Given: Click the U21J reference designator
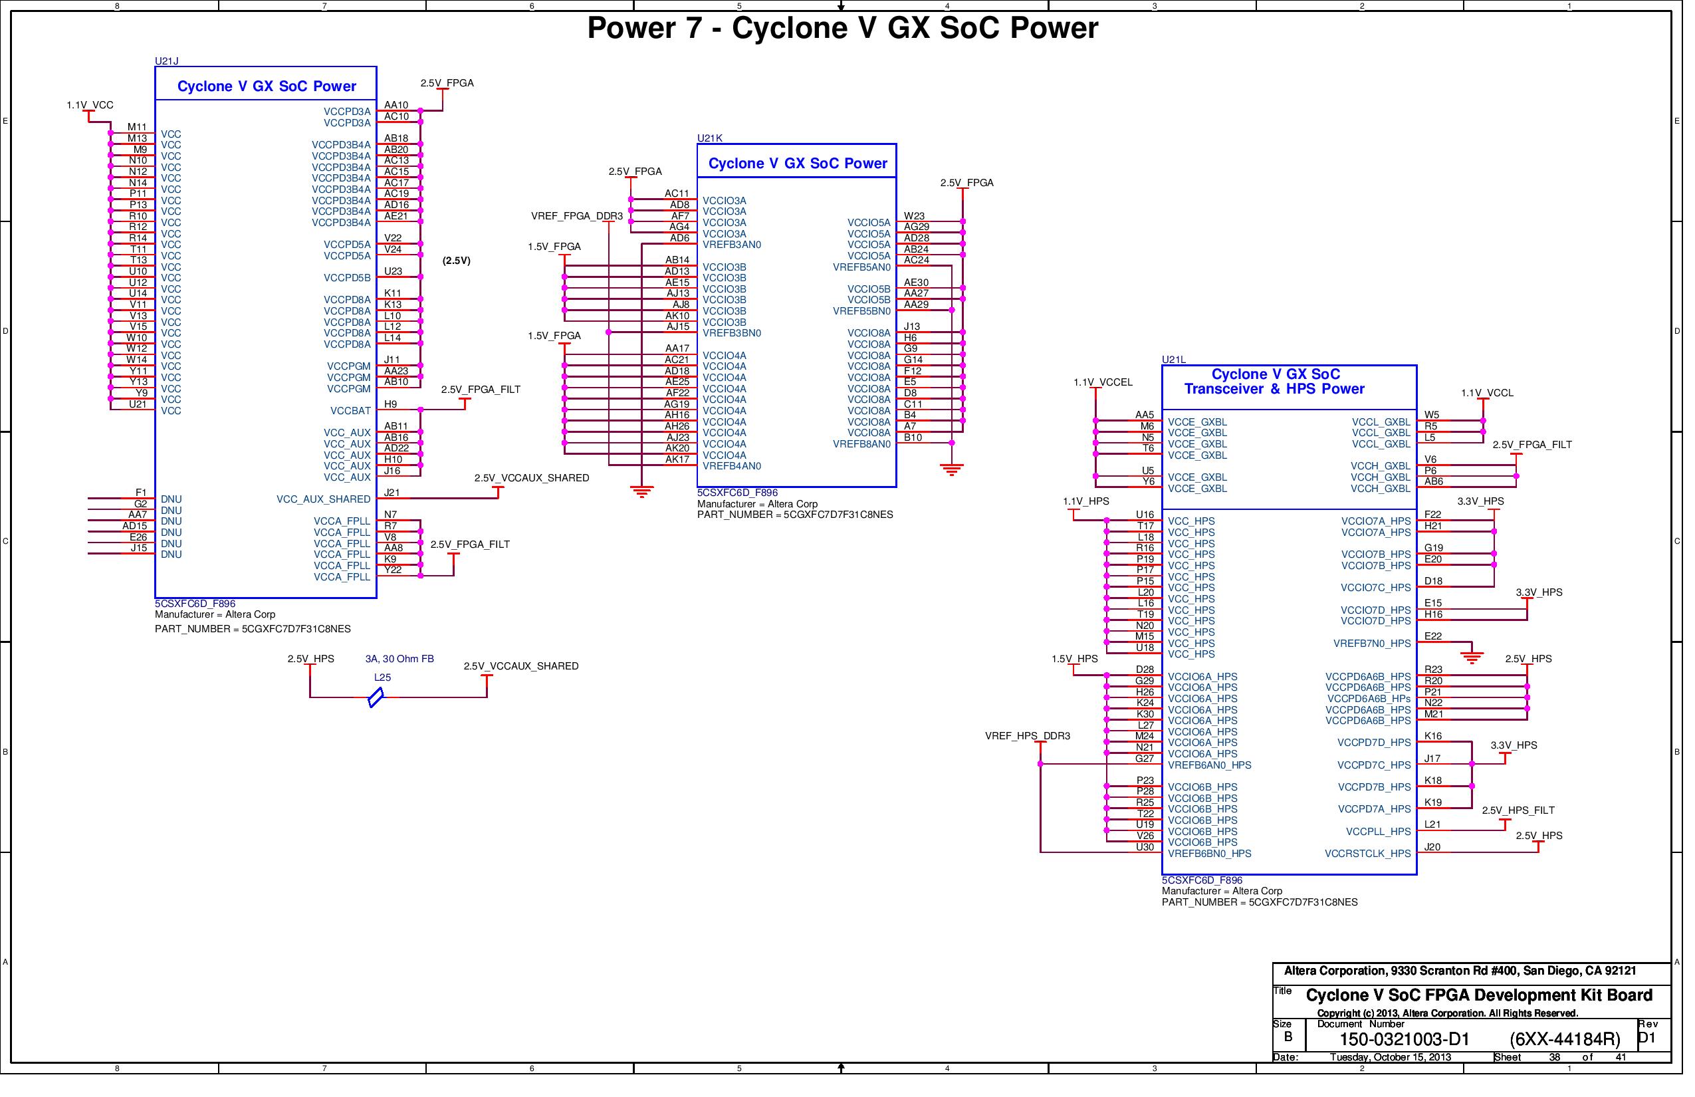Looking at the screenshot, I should coord(168,61).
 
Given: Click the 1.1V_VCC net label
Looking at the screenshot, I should coord(90,106).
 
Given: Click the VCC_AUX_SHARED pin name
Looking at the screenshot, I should coord(326,502).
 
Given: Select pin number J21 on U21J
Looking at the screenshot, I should coord(394,496).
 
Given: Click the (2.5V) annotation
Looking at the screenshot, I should coord(459,262).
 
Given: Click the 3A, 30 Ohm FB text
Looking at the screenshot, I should coord(401,664).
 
